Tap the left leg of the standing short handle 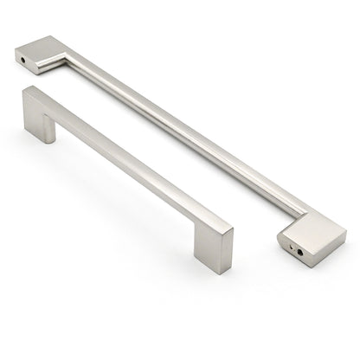click(36, 118)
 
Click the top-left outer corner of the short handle click(26, 87)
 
